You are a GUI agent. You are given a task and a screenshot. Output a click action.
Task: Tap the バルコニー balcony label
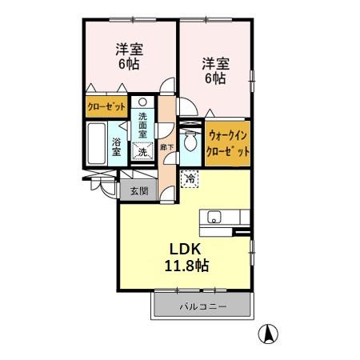[203, 306]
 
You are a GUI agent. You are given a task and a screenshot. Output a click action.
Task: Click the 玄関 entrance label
[138, 190]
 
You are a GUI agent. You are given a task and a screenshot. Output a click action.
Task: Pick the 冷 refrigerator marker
[190, 179]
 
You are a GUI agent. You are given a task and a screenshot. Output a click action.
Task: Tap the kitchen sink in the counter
[214, 217]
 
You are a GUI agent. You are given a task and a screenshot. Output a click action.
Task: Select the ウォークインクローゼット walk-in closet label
[228, 145]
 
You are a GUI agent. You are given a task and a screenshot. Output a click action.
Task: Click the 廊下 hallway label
[166, 148]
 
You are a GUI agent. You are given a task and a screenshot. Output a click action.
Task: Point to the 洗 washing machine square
[142, 152]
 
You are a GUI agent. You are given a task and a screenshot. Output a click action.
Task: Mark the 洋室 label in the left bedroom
[127, 49]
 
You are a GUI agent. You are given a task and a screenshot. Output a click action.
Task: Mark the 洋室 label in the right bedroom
[215, 62]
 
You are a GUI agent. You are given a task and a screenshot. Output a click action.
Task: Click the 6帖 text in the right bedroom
[215, 79]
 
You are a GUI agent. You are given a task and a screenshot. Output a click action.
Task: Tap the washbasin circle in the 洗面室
[142, 102]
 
